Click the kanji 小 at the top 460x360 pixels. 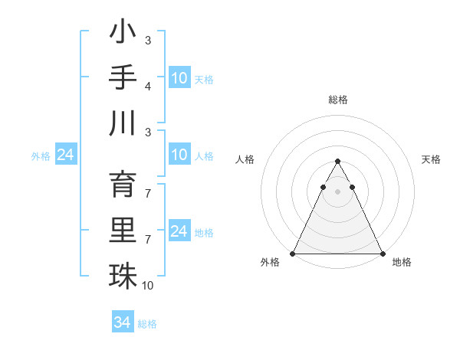point(123,34)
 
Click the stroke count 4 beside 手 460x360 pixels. point(148,86)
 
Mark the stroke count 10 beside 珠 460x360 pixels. point(148,285)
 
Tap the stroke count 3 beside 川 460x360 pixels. point(148,132)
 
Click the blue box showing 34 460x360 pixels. point(122,322)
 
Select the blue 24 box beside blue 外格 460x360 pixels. point(65,155)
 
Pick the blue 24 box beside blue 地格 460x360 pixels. point(179,231)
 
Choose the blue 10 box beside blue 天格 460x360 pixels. point(179,78)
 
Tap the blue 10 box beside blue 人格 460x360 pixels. point(179,155)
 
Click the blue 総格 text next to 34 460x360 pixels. point(147,324)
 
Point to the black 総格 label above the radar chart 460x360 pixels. point(337,100)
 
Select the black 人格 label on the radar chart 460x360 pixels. point(246,159)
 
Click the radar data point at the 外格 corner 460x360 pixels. point(293,254)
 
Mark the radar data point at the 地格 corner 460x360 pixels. point(382,254)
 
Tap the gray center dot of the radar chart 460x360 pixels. point(337,191)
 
